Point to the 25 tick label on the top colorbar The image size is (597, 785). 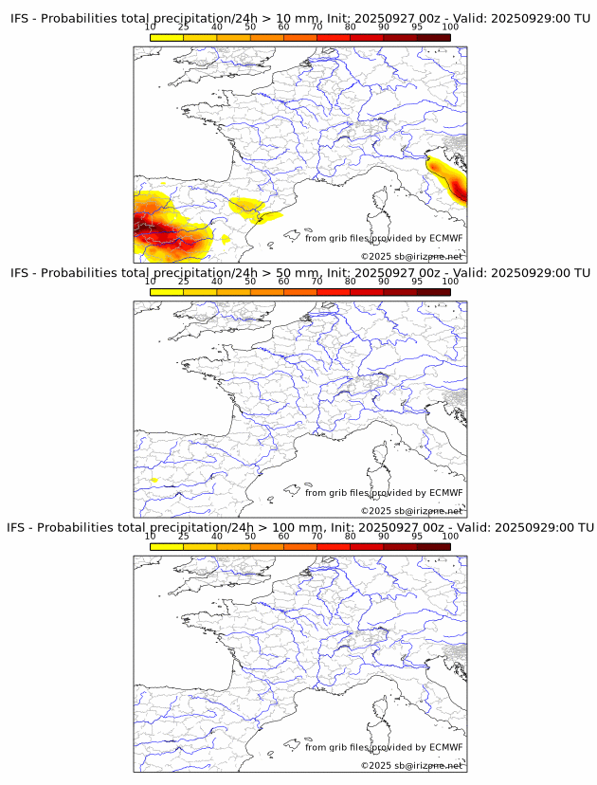point(184,27)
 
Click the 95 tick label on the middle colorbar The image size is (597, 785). point(417,282)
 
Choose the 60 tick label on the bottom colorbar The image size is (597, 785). point(283,536)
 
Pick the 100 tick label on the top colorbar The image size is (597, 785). point(450,27)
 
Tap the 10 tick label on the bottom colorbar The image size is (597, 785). point(151,536)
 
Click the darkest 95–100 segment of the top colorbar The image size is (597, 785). point(433,37)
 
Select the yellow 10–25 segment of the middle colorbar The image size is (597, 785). point(167,291)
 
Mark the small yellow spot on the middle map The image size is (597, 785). point(154,481)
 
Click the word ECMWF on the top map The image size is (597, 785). point(445,238)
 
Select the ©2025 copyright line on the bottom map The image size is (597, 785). point(411,765)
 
